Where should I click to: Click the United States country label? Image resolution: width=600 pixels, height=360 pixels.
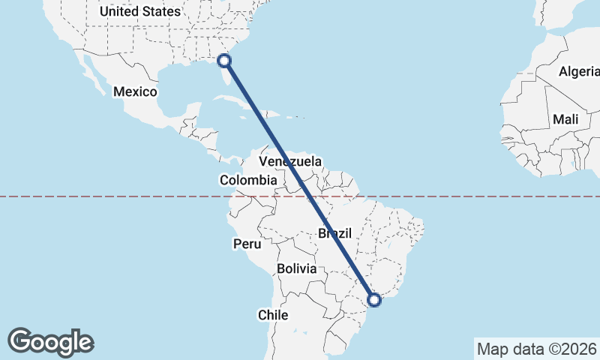140,11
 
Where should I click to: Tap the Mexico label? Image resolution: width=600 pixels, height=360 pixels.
135,91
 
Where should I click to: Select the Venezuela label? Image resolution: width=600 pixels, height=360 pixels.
290,161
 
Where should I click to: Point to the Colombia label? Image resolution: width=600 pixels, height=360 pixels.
248,180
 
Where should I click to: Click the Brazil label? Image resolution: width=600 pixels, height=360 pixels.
334,233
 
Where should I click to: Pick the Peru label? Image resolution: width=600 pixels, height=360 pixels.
247,244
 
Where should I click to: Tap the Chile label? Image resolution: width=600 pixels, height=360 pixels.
273,315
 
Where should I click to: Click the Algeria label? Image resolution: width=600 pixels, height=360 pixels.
579,72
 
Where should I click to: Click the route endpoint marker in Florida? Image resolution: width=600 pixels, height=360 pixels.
224,61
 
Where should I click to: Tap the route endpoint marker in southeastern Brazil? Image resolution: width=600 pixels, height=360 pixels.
374,300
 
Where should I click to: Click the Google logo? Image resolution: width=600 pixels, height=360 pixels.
51,342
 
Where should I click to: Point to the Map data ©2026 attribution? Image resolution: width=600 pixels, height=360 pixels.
536,349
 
